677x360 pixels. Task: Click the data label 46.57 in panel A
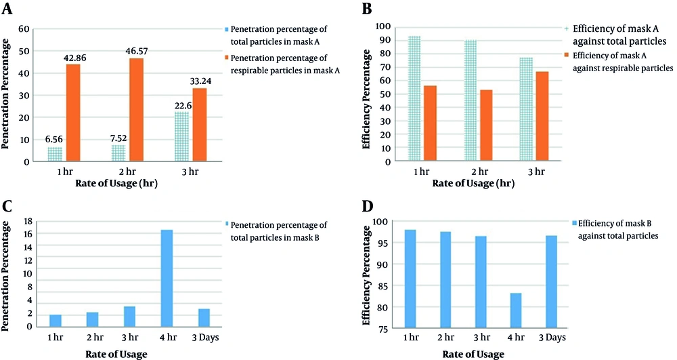[137, 51]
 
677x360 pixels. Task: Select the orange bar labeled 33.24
[200, 125]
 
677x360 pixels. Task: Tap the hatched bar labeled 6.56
[55, 154]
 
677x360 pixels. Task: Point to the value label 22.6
[183, 106]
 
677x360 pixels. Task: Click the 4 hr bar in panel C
[167, 278]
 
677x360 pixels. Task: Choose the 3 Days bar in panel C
[204, 318]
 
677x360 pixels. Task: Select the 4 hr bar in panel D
[515, 311]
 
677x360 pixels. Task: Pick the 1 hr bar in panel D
[410, 279]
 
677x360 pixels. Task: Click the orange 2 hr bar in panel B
[485, 125]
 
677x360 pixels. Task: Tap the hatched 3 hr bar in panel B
[526, 109]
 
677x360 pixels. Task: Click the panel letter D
[368, 206]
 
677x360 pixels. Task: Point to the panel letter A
[7, 8]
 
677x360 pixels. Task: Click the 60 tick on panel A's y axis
[24, 29]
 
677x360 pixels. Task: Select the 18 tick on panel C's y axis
[27, 221]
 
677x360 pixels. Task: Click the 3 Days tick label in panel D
[552, 338]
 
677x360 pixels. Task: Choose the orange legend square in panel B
[567, 56]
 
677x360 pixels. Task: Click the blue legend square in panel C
[227, 224]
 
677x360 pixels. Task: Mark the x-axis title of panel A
[116, 183]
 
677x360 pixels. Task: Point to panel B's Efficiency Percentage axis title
[366, 100]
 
